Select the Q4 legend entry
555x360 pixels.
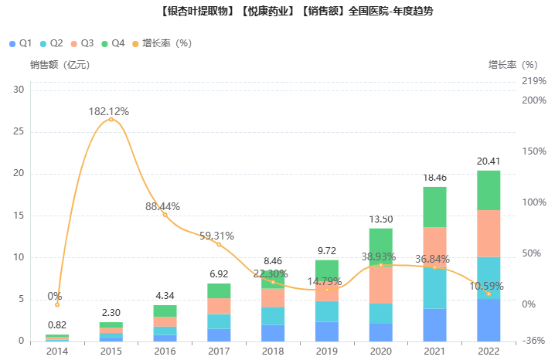113,43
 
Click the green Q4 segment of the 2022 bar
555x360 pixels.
488,190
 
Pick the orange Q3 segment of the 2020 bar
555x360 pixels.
380,284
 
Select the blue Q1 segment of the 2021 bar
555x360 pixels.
434,324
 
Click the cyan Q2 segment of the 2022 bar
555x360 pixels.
488,278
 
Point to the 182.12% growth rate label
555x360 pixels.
109,111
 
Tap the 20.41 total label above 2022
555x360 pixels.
488,161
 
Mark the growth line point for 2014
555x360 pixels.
57,304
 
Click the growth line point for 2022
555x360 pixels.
488,294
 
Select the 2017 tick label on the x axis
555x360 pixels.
219,352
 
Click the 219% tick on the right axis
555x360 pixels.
534,81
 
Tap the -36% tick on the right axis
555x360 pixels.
534,341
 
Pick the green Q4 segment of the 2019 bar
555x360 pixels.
326,270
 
